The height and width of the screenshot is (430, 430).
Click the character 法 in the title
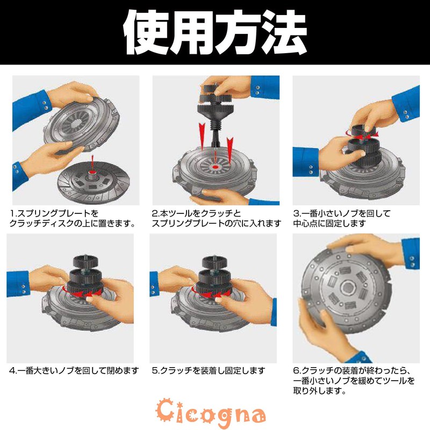284,33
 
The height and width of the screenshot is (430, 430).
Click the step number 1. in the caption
14,213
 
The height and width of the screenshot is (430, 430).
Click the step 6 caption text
355,381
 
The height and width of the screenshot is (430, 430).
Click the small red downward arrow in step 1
92,159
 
